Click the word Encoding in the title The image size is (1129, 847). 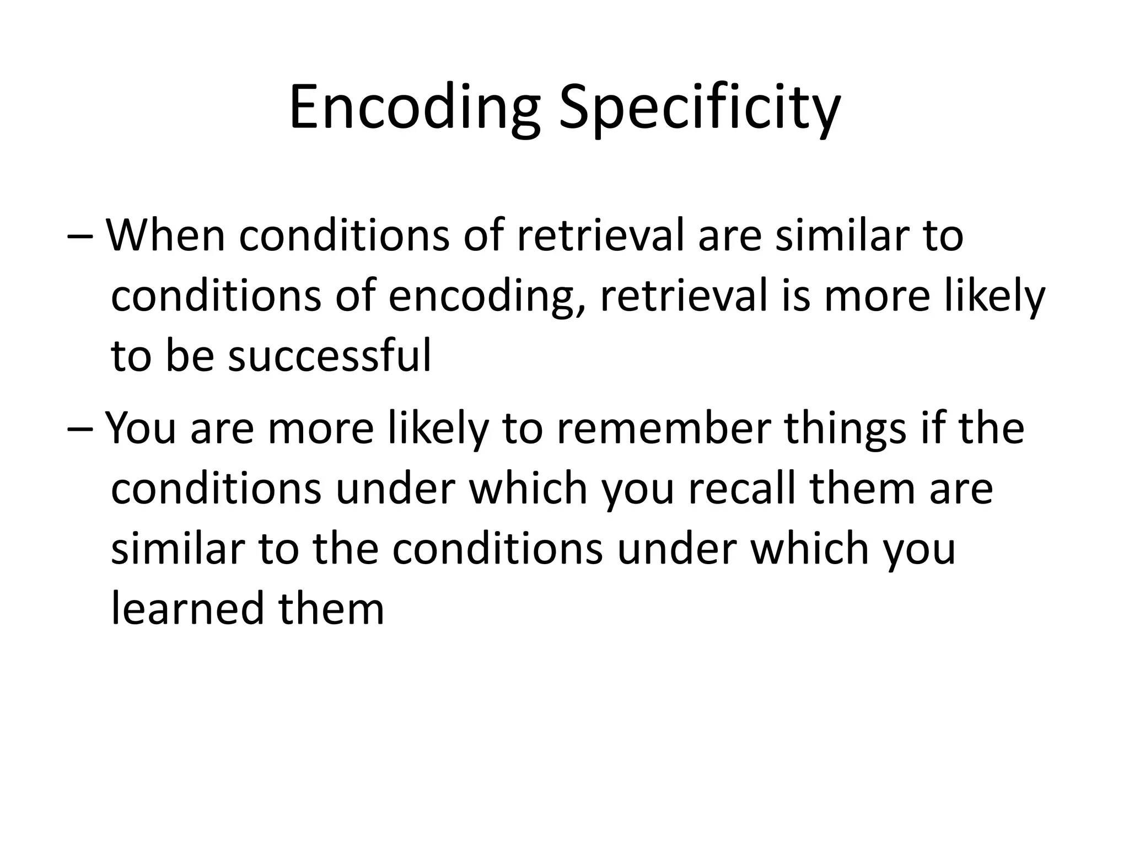[413, 108]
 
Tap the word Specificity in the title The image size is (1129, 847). [700, 108]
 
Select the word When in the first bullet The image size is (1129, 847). [165, 235]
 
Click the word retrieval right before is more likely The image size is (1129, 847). [684, 296]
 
